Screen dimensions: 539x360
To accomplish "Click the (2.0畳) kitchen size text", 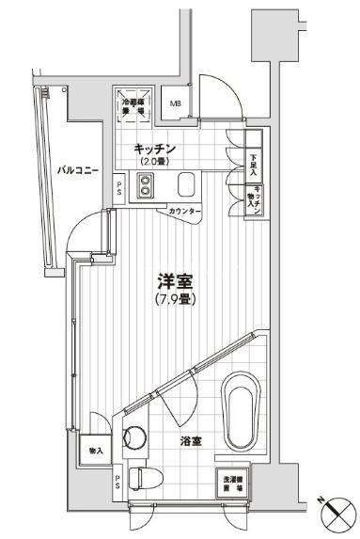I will [154, 161].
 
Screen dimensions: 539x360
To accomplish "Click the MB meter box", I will [176, 103].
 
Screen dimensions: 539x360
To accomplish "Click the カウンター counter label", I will [183, 213].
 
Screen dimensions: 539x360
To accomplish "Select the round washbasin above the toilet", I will [134, 437].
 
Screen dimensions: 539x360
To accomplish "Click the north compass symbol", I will [337, 515].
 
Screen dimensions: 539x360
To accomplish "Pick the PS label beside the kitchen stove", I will [118, 189].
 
